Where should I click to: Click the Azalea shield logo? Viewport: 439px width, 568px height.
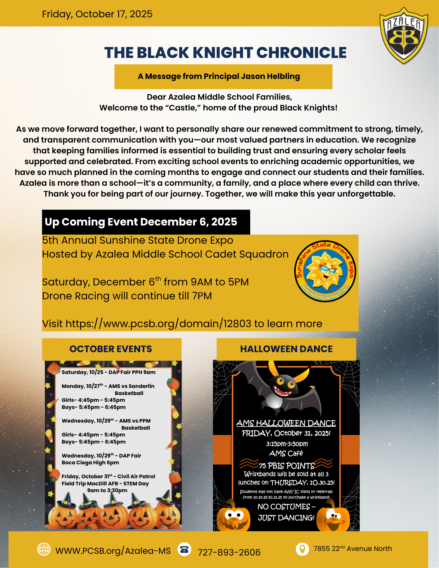pyautogui.click(x=404, y=35)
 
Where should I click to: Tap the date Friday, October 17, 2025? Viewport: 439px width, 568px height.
pyautogui.click(x=97, y=14)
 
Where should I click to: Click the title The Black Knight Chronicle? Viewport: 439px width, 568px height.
pyautogui.click(x=225, y=53)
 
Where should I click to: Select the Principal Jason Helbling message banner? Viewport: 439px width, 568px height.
pyautogui.click(x=223, y=76)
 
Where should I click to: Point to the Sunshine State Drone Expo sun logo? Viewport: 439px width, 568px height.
pyautogui.click(x=325, y=271)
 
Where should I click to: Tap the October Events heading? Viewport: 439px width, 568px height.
pyautogui.click(x=111, y=349)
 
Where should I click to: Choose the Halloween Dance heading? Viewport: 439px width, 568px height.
pyautogui.click(x=286, y=349)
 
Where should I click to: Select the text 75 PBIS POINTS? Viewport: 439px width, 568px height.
pyautogui.click(x=286, y=466)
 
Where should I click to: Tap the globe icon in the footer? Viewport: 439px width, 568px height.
pyautogui.click(x=44, y=549)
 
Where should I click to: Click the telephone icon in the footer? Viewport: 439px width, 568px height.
pyautogui.click(x=184, y=549)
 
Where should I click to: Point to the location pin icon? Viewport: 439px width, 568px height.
pyautogui.click(x=302, y=549)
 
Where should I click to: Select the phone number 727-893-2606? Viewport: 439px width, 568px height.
pyautogui.click(x=229, y=552)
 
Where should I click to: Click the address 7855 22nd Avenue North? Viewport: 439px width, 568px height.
pyautogui.click(x=353, y=549)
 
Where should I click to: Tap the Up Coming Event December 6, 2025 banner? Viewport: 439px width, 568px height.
pyautogui.click(x=146, y=222)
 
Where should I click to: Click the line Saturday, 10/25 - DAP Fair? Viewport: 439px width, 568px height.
pyautogui.click(x=109, y=372)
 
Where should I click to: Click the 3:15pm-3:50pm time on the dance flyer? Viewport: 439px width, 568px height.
pyautogui.click(x=287, y=444)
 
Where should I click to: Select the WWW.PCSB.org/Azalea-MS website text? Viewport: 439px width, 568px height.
pyautogui.click(x=113, y=551)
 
